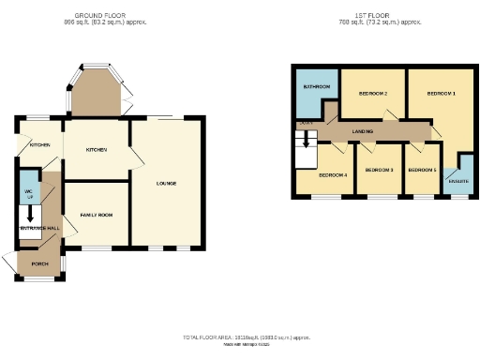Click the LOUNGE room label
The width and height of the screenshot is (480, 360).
168,182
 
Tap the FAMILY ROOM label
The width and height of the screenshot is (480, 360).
95,216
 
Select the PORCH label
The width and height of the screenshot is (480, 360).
40,263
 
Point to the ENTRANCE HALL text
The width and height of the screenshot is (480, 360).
39,228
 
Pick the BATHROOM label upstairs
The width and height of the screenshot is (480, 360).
316,87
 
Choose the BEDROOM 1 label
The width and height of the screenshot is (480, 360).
441,94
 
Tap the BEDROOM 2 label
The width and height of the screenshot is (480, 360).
373,94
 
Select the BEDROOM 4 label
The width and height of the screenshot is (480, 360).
333,175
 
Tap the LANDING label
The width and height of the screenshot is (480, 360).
364,132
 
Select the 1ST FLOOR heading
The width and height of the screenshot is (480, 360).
365,16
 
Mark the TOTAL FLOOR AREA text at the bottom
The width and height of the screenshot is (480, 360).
246,336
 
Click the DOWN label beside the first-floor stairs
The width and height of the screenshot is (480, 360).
305,123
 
